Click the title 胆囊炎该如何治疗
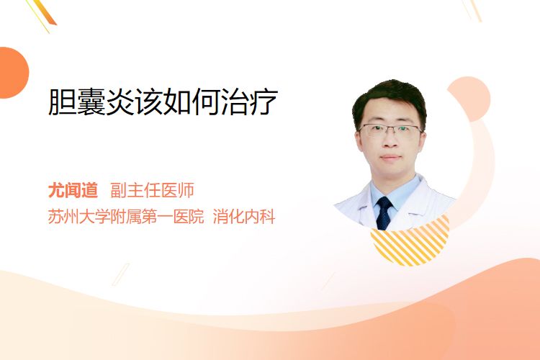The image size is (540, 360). pos(163,102)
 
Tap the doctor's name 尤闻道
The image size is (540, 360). pos(73,190)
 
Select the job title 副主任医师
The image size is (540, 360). pos(152,190)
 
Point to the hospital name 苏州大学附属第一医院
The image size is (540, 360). pos(126,217)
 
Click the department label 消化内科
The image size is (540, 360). pos(244,217)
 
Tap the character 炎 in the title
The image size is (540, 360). pos(120,102)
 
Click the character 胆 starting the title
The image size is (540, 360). pos(62,102)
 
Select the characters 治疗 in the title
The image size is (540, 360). pos(249,102)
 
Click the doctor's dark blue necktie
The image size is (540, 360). pos(384,213)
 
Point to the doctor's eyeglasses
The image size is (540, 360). pos(390,130)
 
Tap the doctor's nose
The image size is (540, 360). pos(390,140)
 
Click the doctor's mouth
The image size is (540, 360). pos(390,157)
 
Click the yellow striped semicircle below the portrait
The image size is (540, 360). pos(410,246)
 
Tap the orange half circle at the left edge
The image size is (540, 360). pos(13,73)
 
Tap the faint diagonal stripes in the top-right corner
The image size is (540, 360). pos(472,10)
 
